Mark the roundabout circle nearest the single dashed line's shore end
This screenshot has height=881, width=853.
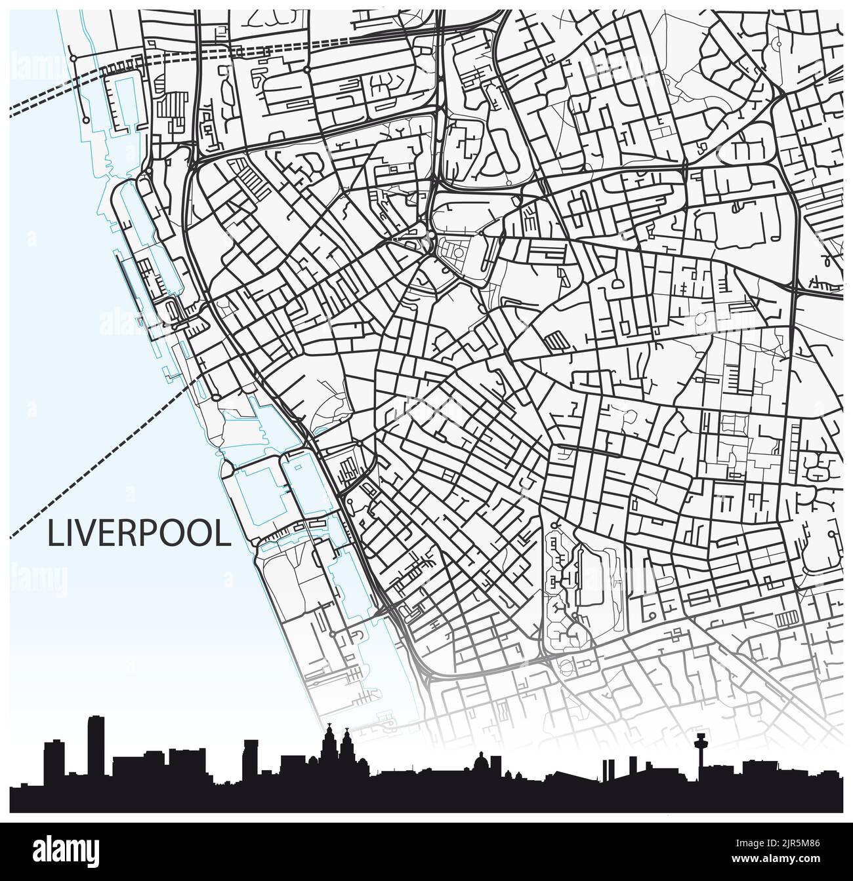[215, 397]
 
